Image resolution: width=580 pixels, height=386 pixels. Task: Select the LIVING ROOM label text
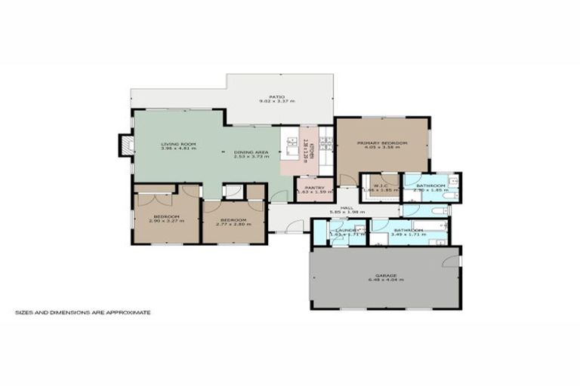[178, 143]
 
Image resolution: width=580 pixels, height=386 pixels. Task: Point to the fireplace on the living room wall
[125, 145]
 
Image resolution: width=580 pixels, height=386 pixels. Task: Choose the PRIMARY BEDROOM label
[382, 142]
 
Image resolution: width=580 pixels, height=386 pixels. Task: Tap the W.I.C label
[381, 185]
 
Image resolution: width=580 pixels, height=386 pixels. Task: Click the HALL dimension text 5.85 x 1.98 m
[347, 213]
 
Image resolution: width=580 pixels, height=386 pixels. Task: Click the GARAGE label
[386, 275]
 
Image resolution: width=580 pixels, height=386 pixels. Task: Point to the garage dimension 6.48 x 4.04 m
[386, 280]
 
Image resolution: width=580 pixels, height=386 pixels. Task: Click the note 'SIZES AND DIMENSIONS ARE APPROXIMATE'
[83, 311]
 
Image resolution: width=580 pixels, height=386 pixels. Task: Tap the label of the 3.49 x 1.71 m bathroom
[407, 230]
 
